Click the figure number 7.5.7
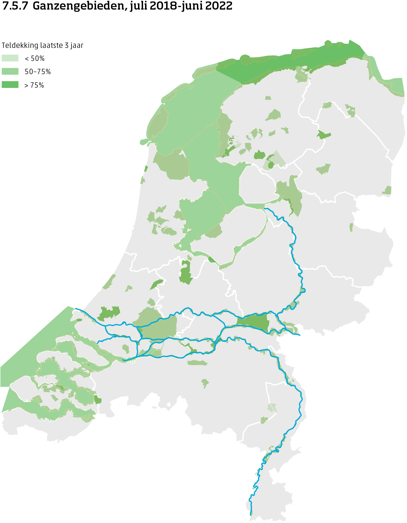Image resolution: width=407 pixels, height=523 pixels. pos(15,6)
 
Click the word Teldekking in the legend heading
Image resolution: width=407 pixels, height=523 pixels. pos(20,45)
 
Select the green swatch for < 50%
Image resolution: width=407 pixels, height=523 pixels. pos(10,58)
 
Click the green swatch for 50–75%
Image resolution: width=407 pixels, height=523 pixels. pos(10,72)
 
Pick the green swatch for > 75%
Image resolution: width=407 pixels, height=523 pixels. pos(10,85)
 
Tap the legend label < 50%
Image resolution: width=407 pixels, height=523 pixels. pos(35,59)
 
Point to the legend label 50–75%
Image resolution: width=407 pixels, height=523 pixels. pos(37,72)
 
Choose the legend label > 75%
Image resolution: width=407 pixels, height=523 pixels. pos(34,85)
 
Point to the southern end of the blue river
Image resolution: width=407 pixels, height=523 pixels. pos(251,515)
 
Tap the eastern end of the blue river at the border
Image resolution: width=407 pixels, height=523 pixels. pos(300,335)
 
